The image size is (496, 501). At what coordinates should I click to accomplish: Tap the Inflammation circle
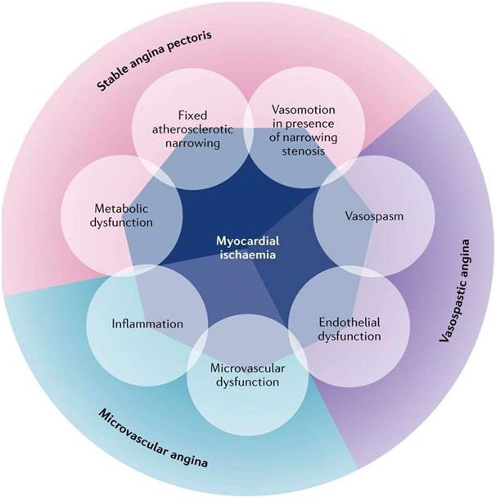point(147,323)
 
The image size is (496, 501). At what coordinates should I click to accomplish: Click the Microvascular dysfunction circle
point(245,373)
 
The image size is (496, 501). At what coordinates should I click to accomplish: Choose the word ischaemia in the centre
point(249,255)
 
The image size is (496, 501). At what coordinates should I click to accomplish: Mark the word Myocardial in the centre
point(249,241)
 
